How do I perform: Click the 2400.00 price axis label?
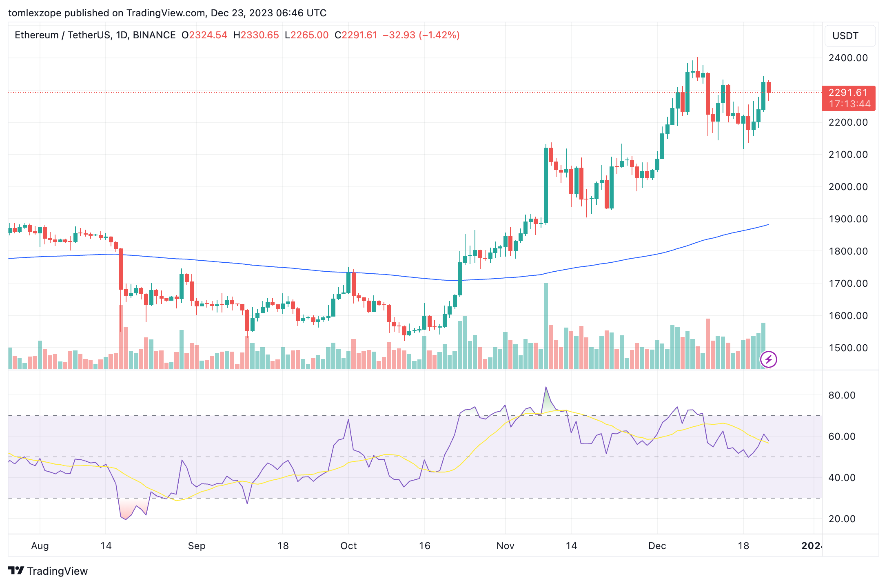click(848, 58)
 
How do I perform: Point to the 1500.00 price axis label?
click(848, 348)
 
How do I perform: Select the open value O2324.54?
click(204, 35)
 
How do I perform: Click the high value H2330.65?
click(256, 35)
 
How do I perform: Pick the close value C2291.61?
click(356, 35)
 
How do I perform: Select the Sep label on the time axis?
click(197, 546)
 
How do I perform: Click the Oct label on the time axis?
click(348, 546)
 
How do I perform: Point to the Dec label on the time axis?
click(657, 546)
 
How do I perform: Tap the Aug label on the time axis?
click(40, 546)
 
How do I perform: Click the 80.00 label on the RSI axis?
click(842, 395)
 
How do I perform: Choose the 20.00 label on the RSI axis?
click(842, 519)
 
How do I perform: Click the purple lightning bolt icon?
click(769, 359)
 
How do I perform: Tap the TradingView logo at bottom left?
click(48, 571)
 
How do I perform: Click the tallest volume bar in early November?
click(546, 326)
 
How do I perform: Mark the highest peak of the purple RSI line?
click(546, 387)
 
